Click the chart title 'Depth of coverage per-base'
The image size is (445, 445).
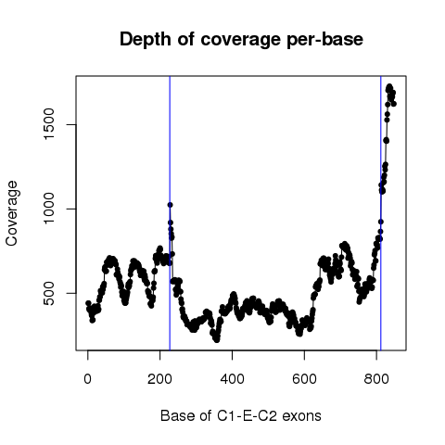[x=241, y=40]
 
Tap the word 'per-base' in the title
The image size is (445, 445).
[x=324, y=40]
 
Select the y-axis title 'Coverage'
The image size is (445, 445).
[x=12, y=213]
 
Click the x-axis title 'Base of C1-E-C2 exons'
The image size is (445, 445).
[x=241, y=416]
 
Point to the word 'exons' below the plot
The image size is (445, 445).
[x=301, y=416]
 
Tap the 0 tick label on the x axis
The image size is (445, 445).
[x=88, y=379]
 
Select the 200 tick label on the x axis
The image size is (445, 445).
[x=159, y=379]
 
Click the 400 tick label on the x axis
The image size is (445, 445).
[x=232, y=379]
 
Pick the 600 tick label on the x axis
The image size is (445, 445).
[x=304, y=379]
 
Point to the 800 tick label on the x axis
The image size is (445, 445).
[x=376, y=379]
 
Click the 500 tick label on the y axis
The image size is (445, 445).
[x=49, y=293]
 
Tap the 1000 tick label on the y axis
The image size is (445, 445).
[x=49, y=209]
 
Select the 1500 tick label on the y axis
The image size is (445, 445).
[x=49, y=124]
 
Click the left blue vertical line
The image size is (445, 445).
[x=170, y=213]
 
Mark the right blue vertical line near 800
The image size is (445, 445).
[x=381, y=213]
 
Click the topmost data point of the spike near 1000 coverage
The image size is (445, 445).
[x=170, y=205]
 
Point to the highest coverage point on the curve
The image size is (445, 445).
[x=389, y=86]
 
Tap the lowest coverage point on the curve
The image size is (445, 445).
[x=217, y=340]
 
